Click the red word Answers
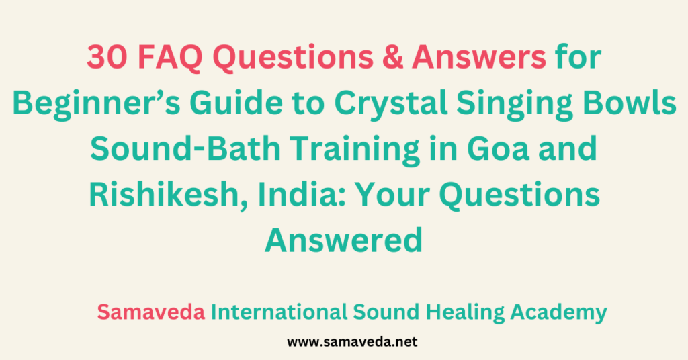pyautogui.click(x=478, y=59)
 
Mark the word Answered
pyautogui.click(x=343, y=239)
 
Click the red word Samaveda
pyautogui.click(x=151, y=312)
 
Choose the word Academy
pyautogui.click(x=558, y=312)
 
